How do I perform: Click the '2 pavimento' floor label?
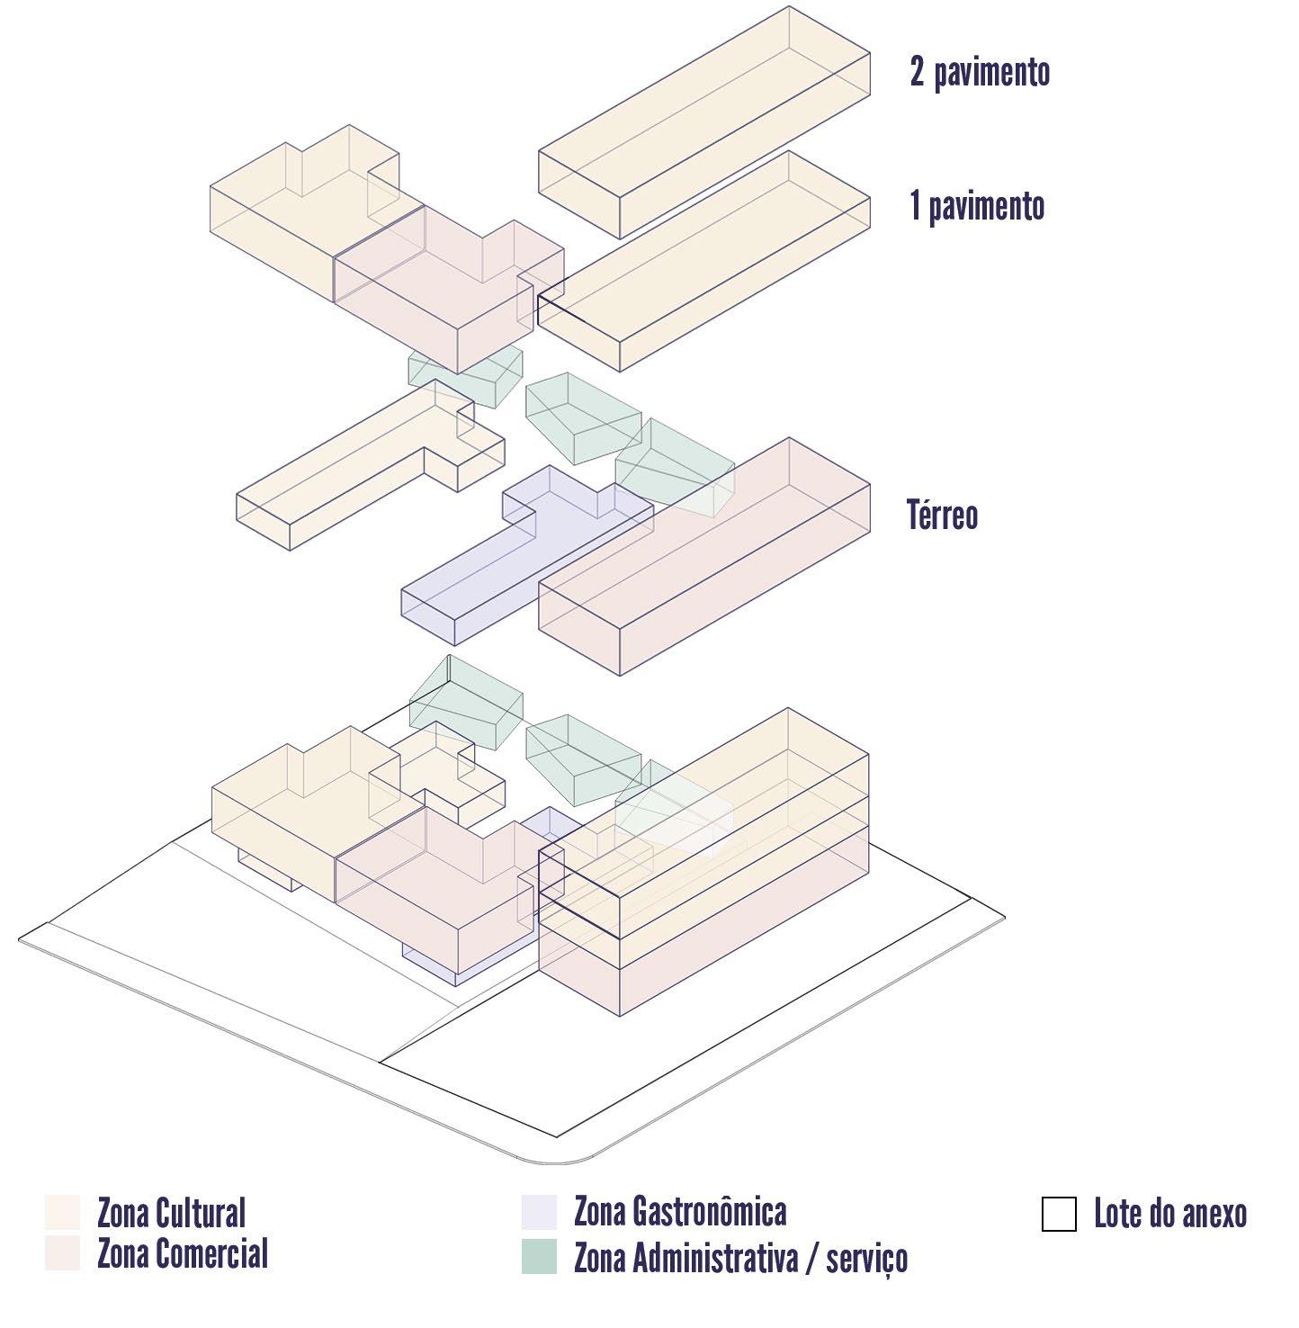[x=980, y=72]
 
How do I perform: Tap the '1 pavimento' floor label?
[x=977, y=206]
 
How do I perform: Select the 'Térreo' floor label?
[x=942, y=516]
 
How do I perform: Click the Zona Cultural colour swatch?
[x=62, y=1212]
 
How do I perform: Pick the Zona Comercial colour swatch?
[x=62, y=1253]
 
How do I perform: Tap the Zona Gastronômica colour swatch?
[x=538, y=1212]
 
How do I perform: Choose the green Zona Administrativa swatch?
[x=538, y=1257]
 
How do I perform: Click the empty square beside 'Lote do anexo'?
[x=1059, y=1214]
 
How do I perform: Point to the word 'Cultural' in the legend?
[x=200, y=1213]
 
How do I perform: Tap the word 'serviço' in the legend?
[x=866, y=1259]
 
